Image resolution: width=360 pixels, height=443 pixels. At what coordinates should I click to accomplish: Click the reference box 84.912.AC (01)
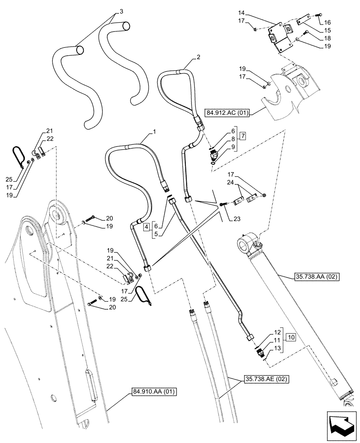click(x=228, y=113)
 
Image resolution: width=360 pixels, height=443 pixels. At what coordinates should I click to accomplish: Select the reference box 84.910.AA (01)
click(x=154, y=391)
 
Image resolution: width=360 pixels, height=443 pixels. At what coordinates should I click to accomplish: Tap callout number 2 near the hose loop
click(x=199, y=57)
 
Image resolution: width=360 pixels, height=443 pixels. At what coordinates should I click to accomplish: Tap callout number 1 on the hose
click(x=154, y=132)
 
